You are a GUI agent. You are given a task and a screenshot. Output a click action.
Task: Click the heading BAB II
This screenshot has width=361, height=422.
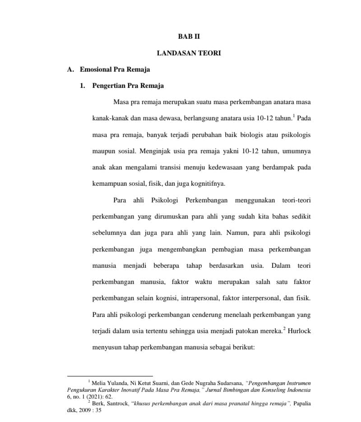pyautogui.click(x=189, y=36)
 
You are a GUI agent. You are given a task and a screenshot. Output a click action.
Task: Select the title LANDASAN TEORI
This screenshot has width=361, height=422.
pyautogui.click(x=189, y=53)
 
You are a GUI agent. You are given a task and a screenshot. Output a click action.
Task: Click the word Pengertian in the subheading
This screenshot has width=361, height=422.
pyautogui.click(x=109, y=86)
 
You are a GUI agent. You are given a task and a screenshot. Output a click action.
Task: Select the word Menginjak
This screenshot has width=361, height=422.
pyautogui.click(x=164, y=151)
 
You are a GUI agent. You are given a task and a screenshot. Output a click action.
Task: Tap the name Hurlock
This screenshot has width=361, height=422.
pyautogui.click(x=299, y=331)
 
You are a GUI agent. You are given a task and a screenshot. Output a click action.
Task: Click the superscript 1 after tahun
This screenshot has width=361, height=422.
pyautogui.click(x=294, y=116)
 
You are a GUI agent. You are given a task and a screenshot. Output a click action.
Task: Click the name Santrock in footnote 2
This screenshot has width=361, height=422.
pyautogui.click(x=116, y=404)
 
